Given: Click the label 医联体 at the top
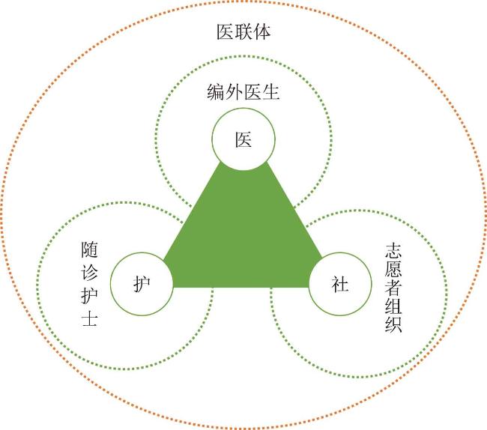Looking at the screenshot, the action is pyautogui.click(x=243, y=32).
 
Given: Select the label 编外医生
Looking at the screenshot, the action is pyautogui.click(x=243, y=92).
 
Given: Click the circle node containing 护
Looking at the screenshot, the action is pyautogui.click(x=142, y=284).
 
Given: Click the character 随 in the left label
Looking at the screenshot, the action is pyautogui.click(x=89, y=250).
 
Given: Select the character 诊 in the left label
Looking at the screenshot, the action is pyautogui.click(x=89, y=272).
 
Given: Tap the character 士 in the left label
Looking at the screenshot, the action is pyautogui.click(x=89, y=318).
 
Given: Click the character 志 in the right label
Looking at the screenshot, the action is pyautogui.click(x=393, y=251).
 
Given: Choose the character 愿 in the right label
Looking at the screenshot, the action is pyautogui.click(x=393, y=269).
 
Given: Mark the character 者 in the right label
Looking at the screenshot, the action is pyautogui.click(x=393, y=288).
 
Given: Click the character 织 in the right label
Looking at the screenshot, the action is pyautogui.click(x=393, y=324).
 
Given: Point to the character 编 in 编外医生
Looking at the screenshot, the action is pyautogui.click(x=216, y=92).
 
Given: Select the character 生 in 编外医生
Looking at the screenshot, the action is pyautogui.click(x=270, y=92).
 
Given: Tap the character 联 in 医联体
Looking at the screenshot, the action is pyautogui.click(x=243, y=32).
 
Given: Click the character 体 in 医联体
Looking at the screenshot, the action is pyautogui.click(x=261, y=32).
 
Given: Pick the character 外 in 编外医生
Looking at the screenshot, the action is pyautogui.click(x=235, y=92).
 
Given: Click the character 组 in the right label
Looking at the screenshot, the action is pyautogui.click(x=393, y=306).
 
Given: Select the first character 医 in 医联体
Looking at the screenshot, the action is pyautogui.click(x=226, y=32).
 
